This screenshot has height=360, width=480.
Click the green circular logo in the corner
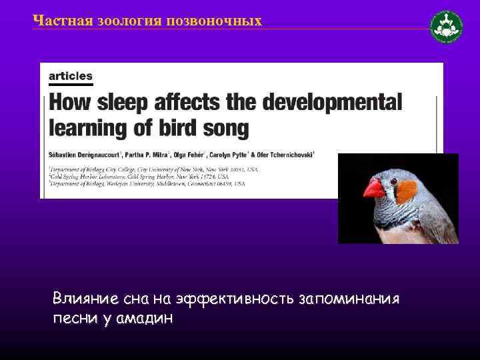[446, 27]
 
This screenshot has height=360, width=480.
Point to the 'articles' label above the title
[71, 76]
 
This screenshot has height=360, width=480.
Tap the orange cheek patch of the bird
[405, 192]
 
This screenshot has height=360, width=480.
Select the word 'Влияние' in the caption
[83, 299]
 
